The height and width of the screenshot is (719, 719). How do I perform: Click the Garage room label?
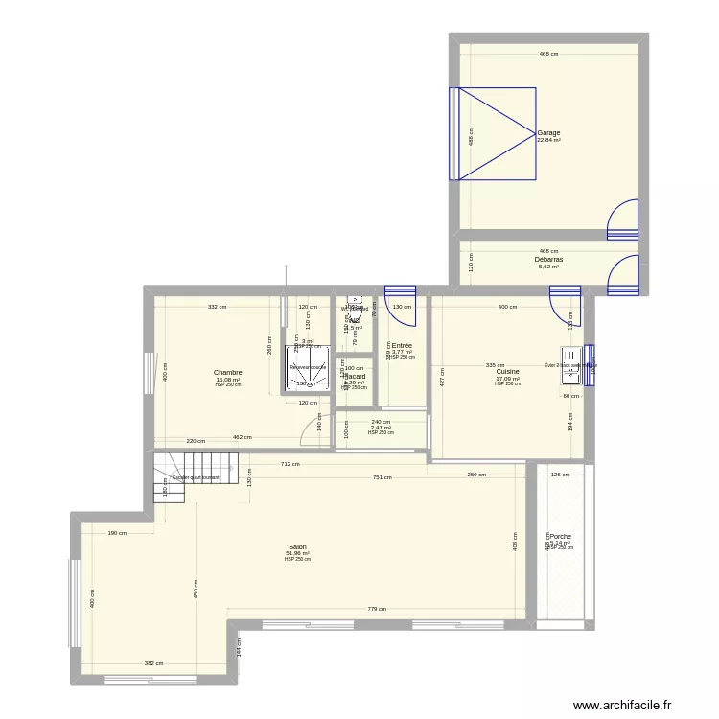tap(548, 133)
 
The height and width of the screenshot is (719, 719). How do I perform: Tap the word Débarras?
tap(548, 259)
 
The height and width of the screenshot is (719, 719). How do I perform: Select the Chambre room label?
tap(227, 373)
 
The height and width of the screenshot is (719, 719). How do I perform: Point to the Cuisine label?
tap(507, 372)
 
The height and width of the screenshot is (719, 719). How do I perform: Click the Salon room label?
tap(296, 546)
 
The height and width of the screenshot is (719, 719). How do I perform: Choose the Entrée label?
tap(402, 345)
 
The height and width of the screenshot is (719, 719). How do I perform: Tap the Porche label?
tap(560, 537)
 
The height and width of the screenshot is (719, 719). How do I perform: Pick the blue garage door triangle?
tap(496, 133)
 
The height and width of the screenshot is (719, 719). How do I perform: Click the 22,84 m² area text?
tap(548, 140)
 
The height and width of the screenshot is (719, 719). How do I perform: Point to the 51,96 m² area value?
tap(296, 553)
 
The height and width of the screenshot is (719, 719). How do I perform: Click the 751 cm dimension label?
tap(382, 477)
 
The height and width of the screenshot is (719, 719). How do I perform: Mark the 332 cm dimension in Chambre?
tap(218, 308)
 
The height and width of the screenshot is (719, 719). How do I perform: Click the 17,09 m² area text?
tap(507, 379)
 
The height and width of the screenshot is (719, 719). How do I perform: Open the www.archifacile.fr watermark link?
tap(636, 706)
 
